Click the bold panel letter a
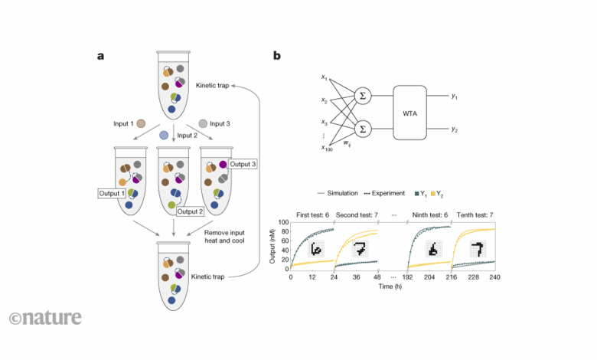pyautogui.click(x=101, y=56)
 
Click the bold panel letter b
pyautogui.click(x=276, y=56)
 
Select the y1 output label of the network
pyautogui.click(x=455, y=97)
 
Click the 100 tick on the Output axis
pyautogui.click(x=282, y=221)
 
